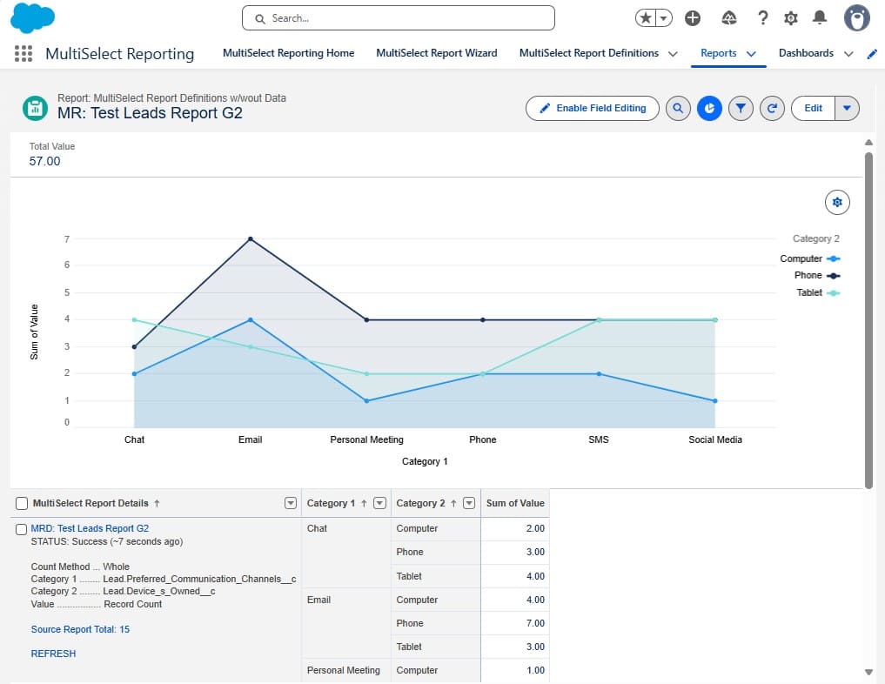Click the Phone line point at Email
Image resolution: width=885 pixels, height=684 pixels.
[251, 238]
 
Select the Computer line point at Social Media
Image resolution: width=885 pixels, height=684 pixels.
[715, 400]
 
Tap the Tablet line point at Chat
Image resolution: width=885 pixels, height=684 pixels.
[134, 319]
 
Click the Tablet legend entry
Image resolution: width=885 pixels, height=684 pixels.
[817, 292]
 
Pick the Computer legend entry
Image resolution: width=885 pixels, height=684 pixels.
[809, 258]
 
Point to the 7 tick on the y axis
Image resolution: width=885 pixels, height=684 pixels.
[66, 238]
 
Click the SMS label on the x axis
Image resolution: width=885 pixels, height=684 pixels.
[599, 439]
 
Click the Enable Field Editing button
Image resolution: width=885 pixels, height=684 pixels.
[593, 108]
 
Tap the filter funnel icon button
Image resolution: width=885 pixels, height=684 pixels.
[741, 108]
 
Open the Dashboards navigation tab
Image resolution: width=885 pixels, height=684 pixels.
[806, 53]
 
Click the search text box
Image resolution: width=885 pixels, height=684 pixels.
[398, 17]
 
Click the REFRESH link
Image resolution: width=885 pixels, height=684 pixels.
[53, 654]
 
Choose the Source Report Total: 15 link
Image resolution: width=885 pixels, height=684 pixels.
[80, 629]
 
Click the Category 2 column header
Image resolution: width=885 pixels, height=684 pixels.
[421, 503]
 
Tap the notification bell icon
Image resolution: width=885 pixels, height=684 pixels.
[819, 17]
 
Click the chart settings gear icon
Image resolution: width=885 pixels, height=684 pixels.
[837, 202]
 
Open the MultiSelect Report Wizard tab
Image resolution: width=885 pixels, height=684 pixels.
[436, 53]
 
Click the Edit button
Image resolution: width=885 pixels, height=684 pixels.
[813, 108]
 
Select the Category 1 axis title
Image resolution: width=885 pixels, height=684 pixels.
[425, 461]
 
